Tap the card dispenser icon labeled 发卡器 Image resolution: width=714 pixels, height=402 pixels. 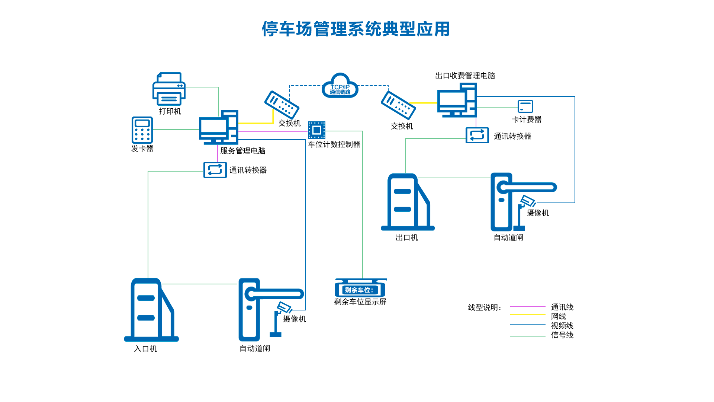142,130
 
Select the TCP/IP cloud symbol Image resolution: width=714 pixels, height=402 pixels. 340,87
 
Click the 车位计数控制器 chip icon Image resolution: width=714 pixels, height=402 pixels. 316,130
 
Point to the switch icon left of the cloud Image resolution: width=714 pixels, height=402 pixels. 282,105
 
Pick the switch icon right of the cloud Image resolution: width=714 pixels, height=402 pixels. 398,105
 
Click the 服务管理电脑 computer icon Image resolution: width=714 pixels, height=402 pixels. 219,127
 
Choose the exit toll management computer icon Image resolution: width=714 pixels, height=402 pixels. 457,100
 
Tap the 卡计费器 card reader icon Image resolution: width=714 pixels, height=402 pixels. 525,106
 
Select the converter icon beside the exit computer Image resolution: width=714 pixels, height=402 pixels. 477,135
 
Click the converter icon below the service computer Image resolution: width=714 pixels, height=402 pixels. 215,170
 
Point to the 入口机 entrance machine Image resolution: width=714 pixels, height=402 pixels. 151,310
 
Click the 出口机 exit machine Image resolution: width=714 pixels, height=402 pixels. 408,202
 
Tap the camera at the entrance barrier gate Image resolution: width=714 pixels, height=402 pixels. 284,308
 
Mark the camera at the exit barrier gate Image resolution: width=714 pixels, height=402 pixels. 528,201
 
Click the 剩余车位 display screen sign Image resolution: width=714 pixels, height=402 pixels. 360,289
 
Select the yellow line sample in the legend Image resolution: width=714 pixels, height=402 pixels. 527,315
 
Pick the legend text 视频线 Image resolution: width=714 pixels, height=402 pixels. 562,326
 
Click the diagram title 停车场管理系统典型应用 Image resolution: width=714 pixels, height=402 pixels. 356,29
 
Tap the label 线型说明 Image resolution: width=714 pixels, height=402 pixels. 484,307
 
